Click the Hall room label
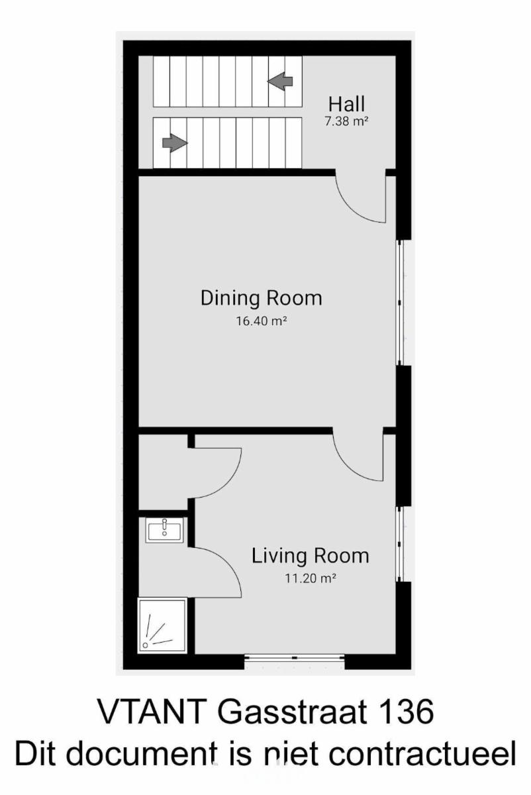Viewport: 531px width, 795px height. tap(346, 105)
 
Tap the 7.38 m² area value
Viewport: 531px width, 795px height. tap(346, 121)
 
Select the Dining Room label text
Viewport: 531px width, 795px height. tap(262, 298)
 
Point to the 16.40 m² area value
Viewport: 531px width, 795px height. tap(262, 321)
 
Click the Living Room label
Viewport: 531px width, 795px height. tap(311, 556)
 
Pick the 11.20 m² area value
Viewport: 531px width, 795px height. tap(311, 578)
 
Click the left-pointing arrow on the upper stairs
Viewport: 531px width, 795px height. tap(280, 81)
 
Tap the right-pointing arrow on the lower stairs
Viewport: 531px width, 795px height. tap(175, 143)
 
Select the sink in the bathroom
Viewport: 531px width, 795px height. tap(165, 530)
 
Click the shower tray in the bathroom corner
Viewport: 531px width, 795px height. tap(162, 625)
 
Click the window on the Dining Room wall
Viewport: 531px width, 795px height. tap(400, 303)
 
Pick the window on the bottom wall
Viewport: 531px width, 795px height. tap(295, 658)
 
